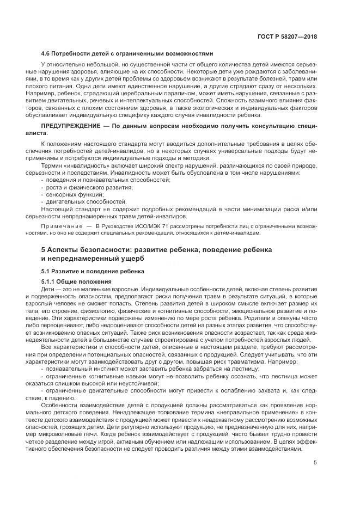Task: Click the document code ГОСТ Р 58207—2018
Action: [x=288, y=37]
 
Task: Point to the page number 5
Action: [x=315, y=463]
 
